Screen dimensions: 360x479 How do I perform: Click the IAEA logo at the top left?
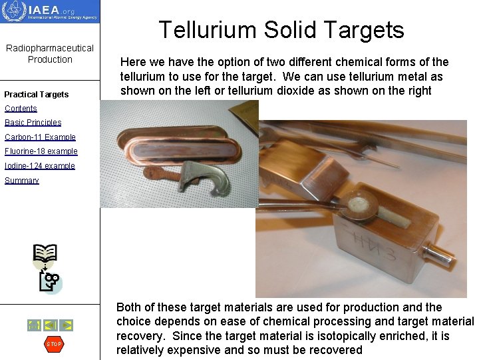(x=50, y=11)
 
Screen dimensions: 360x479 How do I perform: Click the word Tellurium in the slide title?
(x=208, y=30)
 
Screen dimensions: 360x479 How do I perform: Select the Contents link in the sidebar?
(x=21, y=109)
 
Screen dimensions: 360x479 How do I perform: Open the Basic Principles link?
(x=33, y=123)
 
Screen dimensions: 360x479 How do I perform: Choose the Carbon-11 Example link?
(x=40, y=137)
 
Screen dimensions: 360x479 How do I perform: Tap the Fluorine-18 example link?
(x=41, y=151)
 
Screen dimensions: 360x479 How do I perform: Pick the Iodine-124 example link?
(x=40, y=166)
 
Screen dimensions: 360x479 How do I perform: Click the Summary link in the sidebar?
(x=22, y=181)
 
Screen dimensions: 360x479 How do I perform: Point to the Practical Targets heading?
(x=37, y=94)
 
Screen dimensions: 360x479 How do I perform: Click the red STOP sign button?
(x=53, y=344)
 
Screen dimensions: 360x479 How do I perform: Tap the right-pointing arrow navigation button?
(x=67, y=325)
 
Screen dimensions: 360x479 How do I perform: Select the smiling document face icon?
(x=50, y=282)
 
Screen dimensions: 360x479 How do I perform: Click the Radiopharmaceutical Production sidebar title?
(x=50, y=53)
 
